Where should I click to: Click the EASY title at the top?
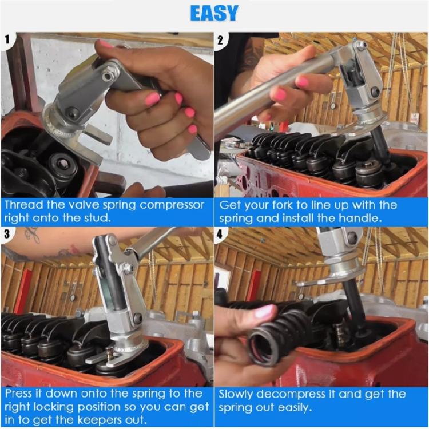(214, 13)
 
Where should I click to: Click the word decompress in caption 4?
(296, 395)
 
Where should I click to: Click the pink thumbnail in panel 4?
(264, 312)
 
